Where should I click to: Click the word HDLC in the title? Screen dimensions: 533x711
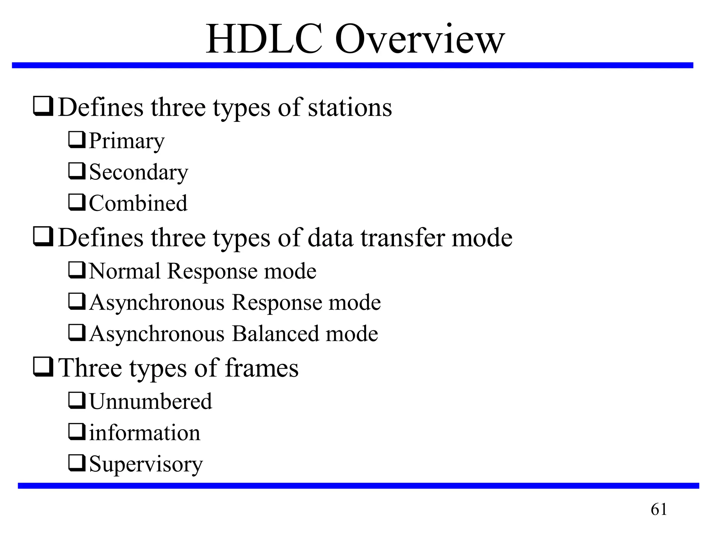click(x=264, y=39)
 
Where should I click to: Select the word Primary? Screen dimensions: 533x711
click(x=127, y=141)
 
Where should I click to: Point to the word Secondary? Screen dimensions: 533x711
click(x=139, y=172)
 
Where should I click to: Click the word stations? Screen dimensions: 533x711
click(x=350, y=108)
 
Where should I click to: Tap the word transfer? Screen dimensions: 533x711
click(x=403, y=238)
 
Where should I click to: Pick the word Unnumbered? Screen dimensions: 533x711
click(x=151, y=401)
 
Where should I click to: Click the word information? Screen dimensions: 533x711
click(x=145, y=433)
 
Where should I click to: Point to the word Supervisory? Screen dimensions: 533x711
click(x=146, y=464)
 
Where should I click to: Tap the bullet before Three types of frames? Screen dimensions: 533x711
click(x=43, y=367)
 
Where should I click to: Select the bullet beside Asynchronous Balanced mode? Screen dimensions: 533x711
click(x=77, y=332)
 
